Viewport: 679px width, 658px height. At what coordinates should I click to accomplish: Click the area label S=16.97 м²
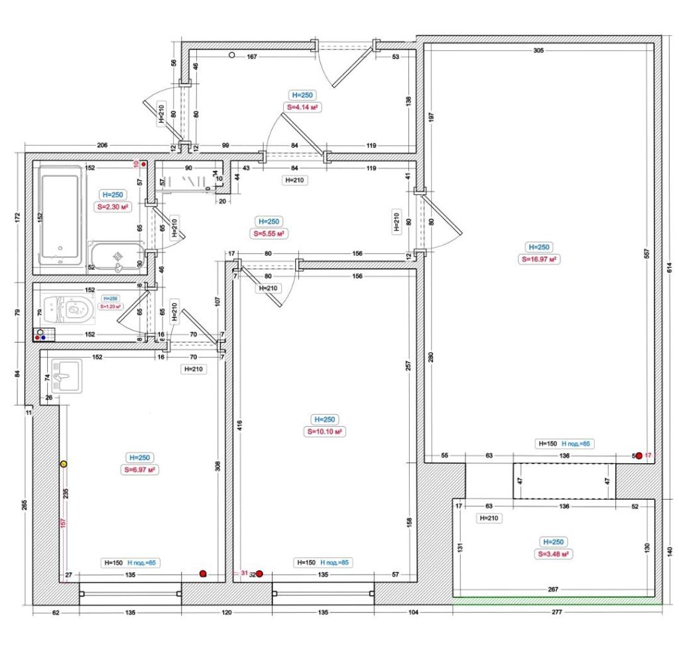[x=538, y=259]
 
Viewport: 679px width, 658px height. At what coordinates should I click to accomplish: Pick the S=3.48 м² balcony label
[x=555, y=554]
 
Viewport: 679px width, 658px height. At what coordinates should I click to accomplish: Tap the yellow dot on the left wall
[x=64, y=465]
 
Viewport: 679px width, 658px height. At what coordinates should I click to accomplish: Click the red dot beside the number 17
[x=639, y=456]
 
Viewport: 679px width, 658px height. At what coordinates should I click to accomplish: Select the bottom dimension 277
[x=556, y=613]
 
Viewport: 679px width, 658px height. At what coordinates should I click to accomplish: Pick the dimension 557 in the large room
[x=645, y=252]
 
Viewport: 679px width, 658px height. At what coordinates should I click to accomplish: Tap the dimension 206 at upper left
[x=102, y=145]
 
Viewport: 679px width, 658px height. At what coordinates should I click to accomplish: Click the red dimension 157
[x=63, y=523]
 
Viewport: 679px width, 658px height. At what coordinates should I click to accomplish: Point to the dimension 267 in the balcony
[x=553, y=588]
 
